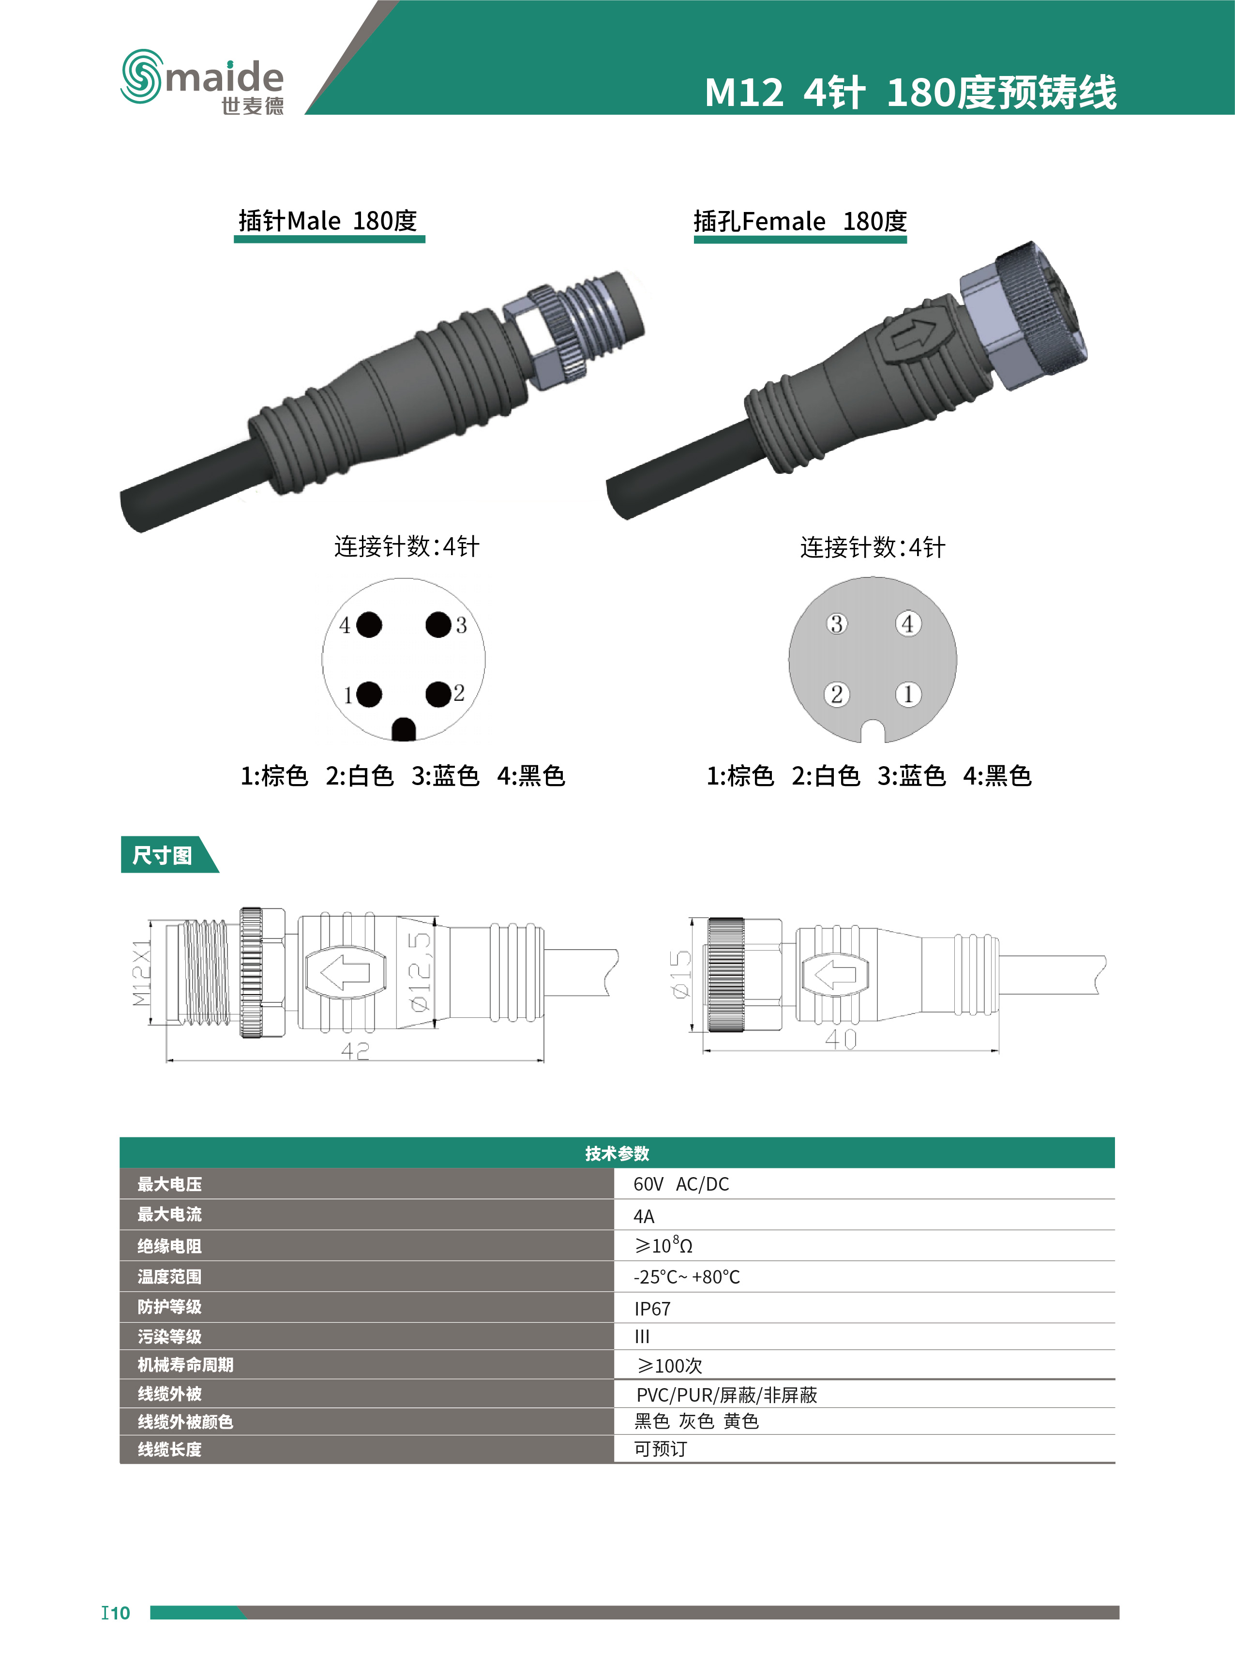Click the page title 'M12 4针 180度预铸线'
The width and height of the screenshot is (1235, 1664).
[911, 93]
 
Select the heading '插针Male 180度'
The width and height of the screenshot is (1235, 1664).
[328, 221]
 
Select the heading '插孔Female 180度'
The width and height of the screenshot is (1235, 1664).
[800, 221]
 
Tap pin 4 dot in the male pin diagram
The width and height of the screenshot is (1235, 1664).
[369, 624]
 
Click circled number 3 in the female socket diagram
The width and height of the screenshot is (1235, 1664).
[837, 623]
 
